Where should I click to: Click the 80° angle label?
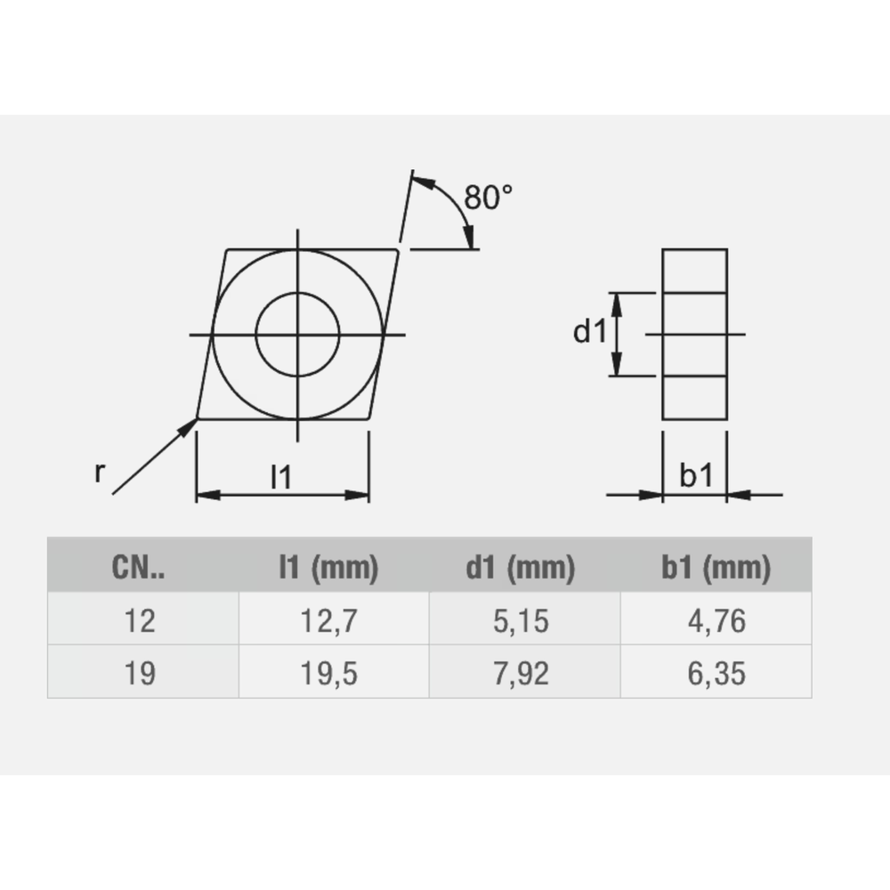click(489, 198)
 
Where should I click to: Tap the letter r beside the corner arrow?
click(100, 473)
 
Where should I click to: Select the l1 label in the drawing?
click(281, 478)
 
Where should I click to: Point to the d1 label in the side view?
click(589, 333)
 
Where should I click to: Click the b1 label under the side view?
click(696, 477)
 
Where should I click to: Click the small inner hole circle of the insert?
click(297, 334)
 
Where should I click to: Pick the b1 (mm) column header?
click(716, 568)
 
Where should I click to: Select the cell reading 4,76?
click(716, 620)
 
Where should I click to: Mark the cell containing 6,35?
click(716, 673)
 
